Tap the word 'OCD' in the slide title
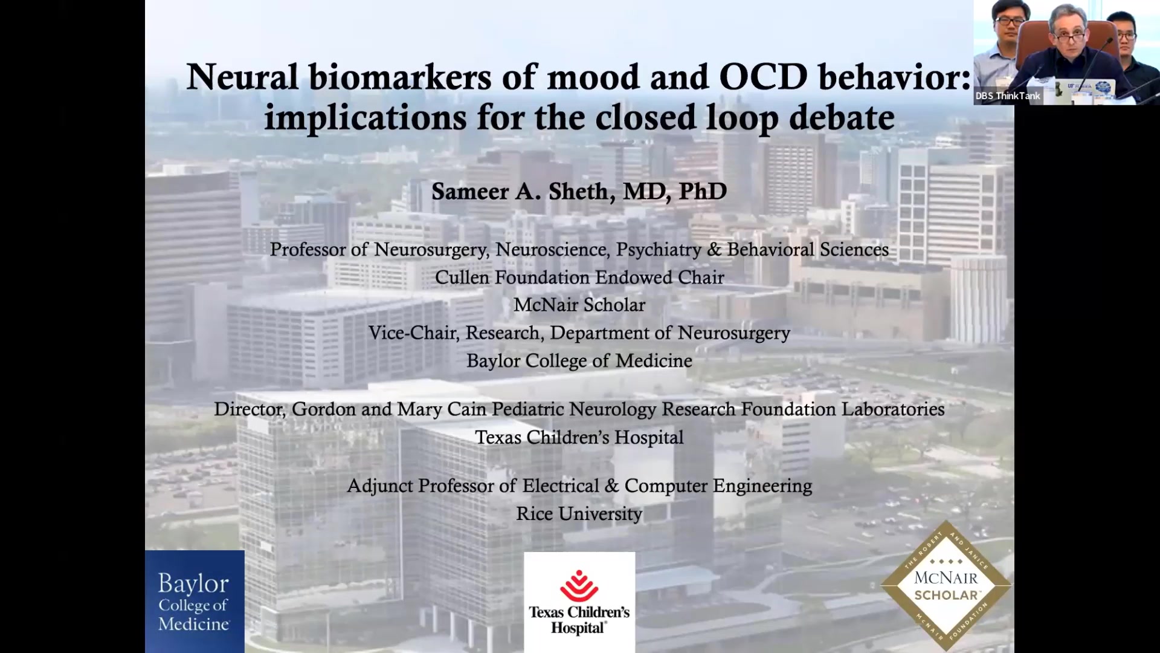coord(763,77)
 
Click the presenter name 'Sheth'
coord(578,192)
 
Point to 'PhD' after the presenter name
coord(703,192)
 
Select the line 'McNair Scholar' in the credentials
coord(579,305)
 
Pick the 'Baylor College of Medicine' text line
coord(579,361)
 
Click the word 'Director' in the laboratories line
coord(249,409)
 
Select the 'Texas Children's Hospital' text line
coord(579,437)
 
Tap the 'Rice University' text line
coord(579,514)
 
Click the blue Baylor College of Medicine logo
coord(195,601)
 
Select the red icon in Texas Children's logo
coord(579,585)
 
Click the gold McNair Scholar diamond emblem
coord(946,585)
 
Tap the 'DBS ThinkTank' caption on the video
coord(1008,96)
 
